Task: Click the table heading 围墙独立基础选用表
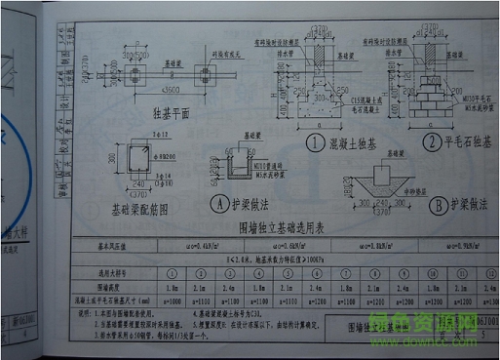(x=279, y=227)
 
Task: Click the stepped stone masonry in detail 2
(x=429, y=98)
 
